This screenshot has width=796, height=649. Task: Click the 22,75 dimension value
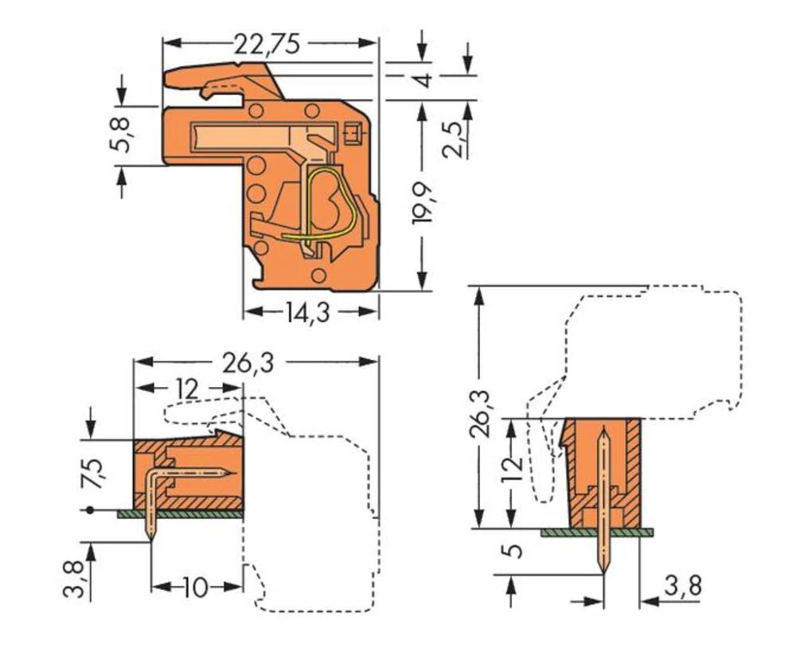pyautogui.click(x=267, y=45)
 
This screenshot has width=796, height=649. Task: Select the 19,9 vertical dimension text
pyautogui.click(x=423, y=202)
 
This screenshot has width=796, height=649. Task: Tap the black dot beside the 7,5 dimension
pyautogui.click(x=90, y=510)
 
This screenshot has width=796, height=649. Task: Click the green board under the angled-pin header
pyautogui.click(x=179, y=514)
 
